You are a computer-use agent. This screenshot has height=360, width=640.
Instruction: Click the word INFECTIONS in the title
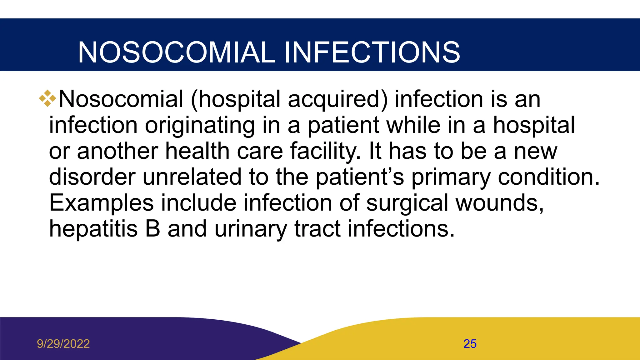pos(372,52)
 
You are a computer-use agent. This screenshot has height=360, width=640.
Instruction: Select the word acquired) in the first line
pos(337,99)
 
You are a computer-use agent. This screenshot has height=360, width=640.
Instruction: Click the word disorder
pos(92,177)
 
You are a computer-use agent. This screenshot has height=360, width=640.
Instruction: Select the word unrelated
pos(192,177)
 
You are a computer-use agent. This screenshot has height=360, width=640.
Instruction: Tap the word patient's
pos(360,177)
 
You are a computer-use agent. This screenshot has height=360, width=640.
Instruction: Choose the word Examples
pos(101,203)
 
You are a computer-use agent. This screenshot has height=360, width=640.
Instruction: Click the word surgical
pos(407,203)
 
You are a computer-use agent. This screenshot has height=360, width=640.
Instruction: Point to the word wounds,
pos(500,203)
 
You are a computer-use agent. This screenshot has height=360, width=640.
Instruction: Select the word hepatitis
pos(93,229)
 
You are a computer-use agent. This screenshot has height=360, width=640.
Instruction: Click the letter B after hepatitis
pos(153,229)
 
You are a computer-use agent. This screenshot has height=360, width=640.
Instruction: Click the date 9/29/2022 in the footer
pos(63,344)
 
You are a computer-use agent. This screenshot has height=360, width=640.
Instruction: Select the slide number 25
pos(470,344)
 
